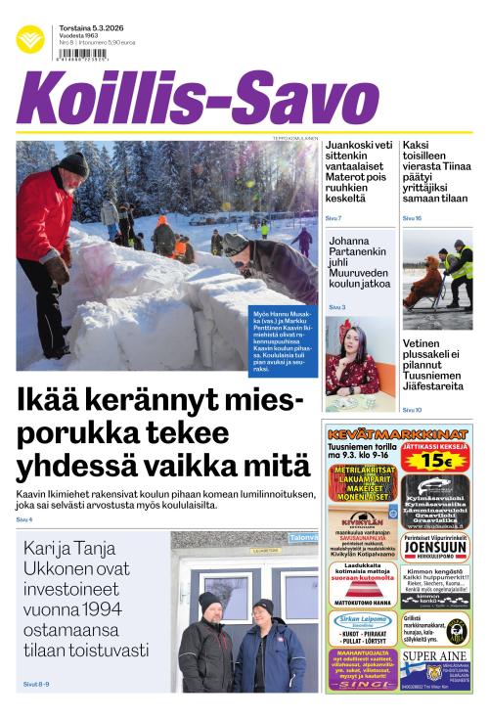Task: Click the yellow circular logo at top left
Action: [x=30, y=39]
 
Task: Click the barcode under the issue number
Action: [x=82, y=56]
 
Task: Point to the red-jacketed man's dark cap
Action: [x=74, y=162]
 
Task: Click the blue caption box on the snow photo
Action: [x=284, y=342]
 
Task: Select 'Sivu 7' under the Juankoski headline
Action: [x=333, y=217]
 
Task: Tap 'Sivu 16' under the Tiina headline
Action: [x=412, y=218]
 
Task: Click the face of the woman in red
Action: [x=351, y=338]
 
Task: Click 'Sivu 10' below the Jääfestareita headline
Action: [x=412, y=410]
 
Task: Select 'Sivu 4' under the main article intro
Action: [x=24, y=519]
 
